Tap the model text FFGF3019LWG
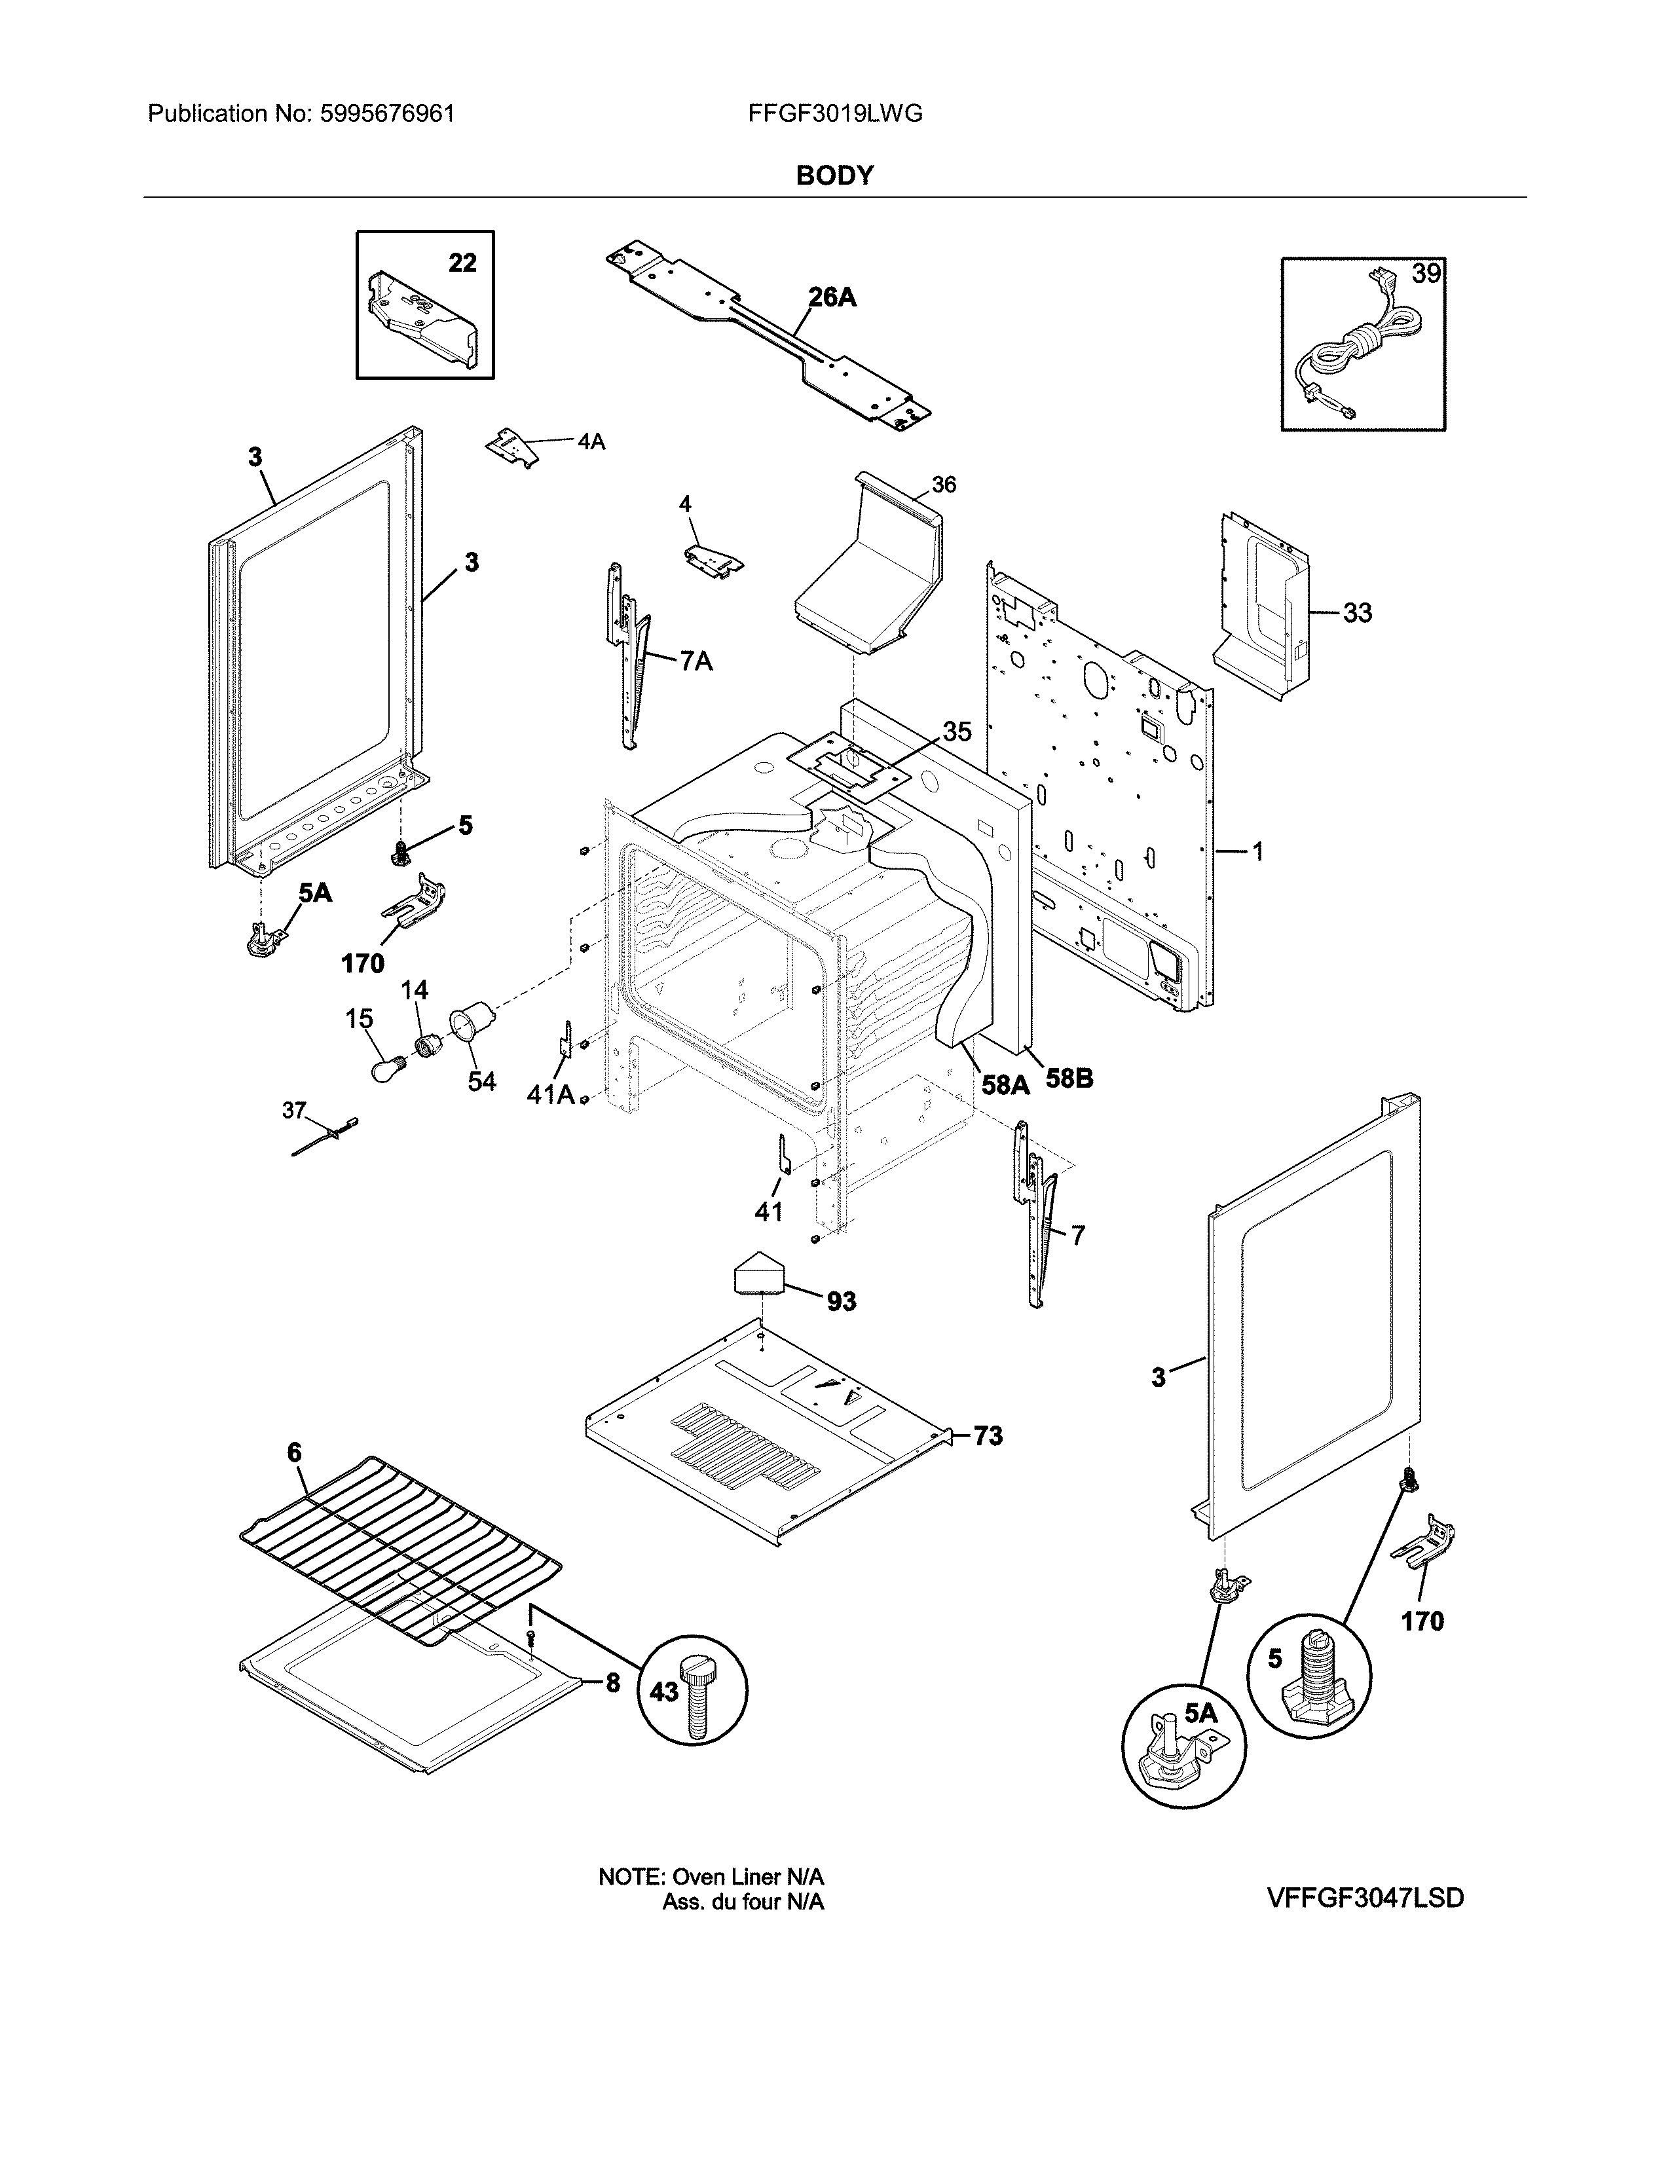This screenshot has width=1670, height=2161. pos(835,114)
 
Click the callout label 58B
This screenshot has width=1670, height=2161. pos(1069,1079)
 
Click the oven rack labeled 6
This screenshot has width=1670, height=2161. pos(401,1549)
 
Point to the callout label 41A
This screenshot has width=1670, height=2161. pos(550,1094)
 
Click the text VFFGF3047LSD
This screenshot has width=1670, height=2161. pos(1364,1898)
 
